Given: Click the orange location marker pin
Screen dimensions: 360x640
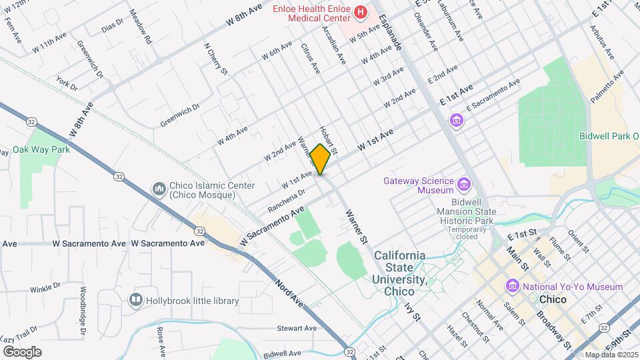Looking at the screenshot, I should click(321, 160).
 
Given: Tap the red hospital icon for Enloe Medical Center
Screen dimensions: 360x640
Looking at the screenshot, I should click(361, 11).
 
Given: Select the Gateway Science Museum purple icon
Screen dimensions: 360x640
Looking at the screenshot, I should click(465, 183).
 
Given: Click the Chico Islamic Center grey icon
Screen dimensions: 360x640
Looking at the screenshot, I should click(159, 189).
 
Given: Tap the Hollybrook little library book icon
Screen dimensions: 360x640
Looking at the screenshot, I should click(136, 301).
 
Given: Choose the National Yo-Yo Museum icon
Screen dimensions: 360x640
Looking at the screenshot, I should click(513, 287).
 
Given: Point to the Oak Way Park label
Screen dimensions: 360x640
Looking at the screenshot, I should click(41, 149).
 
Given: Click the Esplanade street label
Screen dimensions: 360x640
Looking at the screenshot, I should click(391, 33).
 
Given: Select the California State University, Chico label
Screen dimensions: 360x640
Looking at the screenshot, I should click(400, 273).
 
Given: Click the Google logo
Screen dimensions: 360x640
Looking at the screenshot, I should click(22, 351).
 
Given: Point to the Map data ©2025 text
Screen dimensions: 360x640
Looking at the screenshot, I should click(611, 355).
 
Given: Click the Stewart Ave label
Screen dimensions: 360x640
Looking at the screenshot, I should click(297, 328).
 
